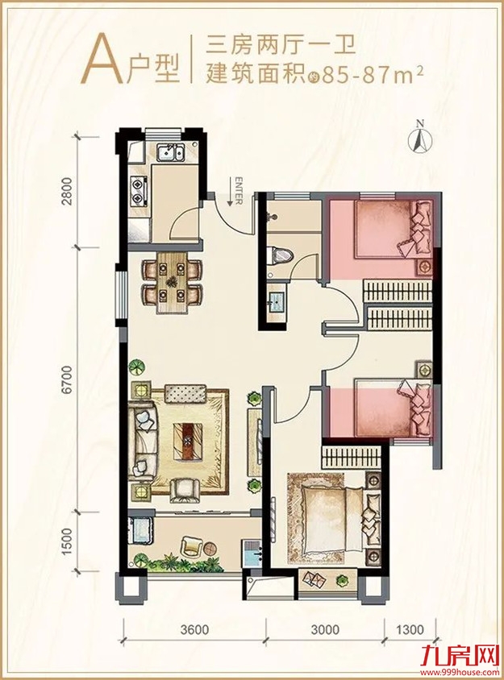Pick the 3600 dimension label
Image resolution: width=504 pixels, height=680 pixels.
pos(194,628)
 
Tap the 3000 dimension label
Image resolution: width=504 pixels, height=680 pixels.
pos(325,628)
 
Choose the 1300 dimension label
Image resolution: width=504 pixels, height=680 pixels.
pos(409,628)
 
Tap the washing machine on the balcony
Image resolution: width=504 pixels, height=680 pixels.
pos(140,529)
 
